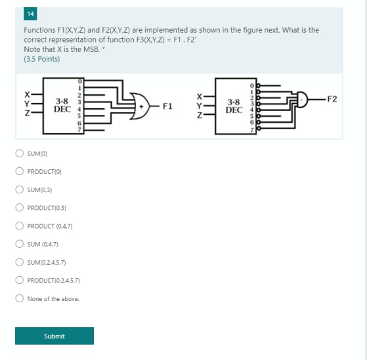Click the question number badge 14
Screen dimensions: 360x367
tap(31, 13)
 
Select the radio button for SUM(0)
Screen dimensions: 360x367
tap(20, 154)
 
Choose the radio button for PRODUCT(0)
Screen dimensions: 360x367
tap(20, 172)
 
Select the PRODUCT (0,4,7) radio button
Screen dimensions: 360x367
tap(20, 226)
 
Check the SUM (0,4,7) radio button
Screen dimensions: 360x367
tap(20, 244)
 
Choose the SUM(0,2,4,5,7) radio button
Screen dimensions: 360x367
tap(20, 262)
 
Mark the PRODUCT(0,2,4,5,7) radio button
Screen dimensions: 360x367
tap(20, 280)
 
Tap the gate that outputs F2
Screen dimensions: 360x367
tap(303, 99)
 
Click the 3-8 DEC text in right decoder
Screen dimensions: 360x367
tap(234, 106)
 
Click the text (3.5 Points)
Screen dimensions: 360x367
tap(41, 59)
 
